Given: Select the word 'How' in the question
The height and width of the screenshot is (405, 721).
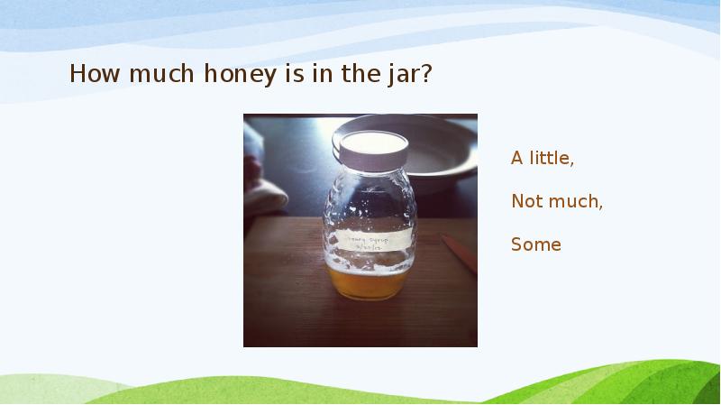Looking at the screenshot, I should pyautogui.click(x=94, y=74).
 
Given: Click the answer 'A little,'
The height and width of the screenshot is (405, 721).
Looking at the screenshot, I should pyautogui.click(x=543, y=158).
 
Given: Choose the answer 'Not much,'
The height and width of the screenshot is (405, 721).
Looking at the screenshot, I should pyautogui.click(x=557, y=201).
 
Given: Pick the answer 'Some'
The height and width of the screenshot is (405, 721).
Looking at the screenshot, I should pyautogui.click(x=535, y=244).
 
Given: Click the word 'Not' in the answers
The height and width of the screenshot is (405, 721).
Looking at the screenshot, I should pyautogui.click(x=526, y=201).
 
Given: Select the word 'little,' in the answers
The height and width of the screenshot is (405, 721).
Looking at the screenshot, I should pyautogui.click(x=551, y=158).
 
